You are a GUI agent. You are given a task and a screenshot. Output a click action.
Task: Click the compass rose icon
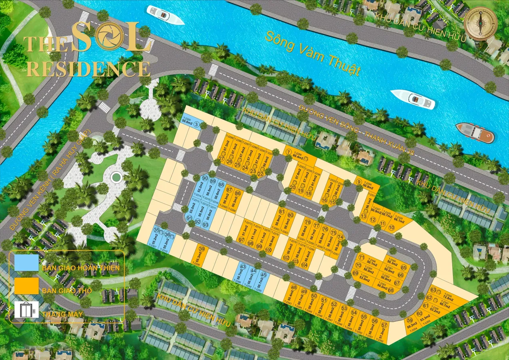point(481,24)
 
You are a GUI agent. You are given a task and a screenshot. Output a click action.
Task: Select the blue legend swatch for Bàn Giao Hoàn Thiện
point(26,263)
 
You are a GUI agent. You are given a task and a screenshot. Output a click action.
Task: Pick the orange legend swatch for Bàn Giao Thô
point(26,286)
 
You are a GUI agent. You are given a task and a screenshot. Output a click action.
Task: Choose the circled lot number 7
point(288,152)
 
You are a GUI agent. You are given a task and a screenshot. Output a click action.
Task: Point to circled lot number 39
point(202,249)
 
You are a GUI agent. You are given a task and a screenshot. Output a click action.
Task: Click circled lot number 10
point(391,228)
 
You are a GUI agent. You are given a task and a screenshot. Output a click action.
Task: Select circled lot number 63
point(433,290)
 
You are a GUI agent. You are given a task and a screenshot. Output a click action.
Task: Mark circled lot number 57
point(384,325)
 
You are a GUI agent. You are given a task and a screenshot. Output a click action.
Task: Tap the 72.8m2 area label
point(447,298)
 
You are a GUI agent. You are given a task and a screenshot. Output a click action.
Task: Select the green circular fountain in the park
point(116,176)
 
